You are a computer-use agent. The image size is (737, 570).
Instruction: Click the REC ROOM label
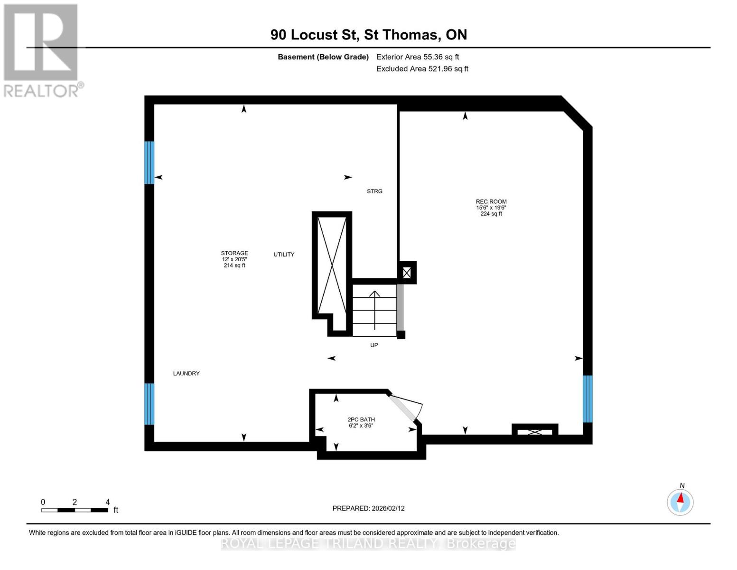[491, 202]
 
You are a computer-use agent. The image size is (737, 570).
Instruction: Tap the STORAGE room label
[234, 254]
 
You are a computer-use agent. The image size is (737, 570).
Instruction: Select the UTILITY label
[284, 255]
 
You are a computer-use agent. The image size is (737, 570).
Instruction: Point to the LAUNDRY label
[186, 374]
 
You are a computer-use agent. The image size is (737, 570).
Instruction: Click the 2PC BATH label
[361, 420]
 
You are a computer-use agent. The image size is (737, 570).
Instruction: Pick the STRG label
[374, 191]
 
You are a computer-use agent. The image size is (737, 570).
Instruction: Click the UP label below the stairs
[374, 345]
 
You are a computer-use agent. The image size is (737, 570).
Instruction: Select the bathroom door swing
[406, 407]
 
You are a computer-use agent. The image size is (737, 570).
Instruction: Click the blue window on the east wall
[588, 399]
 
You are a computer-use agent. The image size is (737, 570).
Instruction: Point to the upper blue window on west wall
[149, 162]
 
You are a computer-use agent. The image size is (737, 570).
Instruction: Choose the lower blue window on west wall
[149, 404]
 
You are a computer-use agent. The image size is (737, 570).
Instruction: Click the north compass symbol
[680, 502]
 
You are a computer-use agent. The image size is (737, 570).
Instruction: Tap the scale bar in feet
[75, 510]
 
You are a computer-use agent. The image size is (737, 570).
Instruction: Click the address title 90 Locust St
[368, 35]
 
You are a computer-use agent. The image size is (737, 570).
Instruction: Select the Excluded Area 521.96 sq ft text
[422, 69]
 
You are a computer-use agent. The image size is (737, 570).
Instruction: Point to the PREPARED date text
[368, 508]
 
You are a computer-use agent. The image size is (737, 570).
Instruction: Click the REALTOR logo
[42, 50]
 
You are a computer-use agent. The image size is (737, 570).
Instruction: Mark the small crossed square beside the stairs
[407, 273]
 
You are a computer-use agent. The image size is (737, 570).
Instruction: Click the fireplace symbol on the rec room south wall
[535, 431]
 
